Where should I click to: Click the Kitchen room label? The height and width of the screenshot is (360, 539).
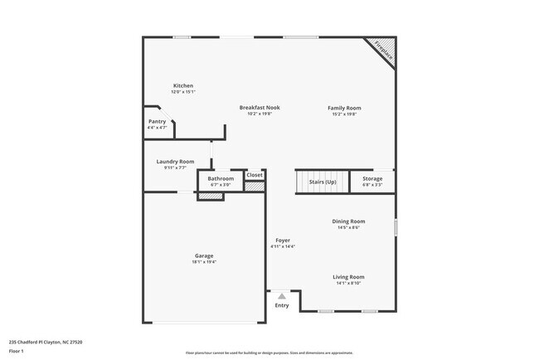(182, 85)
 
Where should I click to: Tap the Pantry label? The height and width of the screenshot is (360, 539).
(157, 121)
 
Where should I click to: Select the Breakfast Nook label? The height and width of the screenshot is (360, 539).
(260, 107)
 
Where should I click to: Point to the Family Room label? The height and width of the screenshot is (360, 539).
(344, 108)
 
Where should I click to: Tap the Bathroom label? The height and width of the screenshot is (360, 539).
(221, 178)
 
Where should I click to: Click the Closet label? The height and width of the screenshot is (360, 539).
(255, 175)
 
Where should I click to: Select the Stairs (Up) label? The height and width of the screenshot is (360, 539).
(323, 182)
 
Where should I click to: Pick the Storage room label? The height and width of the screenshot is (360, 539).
(372, 178)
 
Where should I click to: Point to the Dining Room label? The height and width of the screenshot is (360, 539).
(348, 221)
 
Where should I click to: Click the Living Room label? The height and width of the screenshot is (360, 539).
(348, 277)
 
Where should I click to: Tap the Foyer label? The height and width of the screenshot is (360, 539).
(283, 241)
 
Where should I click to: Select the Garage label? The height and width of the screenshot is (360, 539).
(204, 255)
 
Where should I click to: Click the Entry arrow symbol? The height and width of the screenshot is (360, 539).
(282, 296)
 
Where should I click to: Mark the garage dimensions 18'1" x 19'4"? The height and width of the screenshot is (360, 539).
(204, 262)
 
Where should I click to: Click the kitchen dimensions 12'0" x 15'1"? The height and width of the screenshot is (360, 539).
(182, 92)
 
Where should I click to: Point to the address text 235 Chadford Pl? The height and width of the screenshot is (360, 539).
(46, 341)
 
